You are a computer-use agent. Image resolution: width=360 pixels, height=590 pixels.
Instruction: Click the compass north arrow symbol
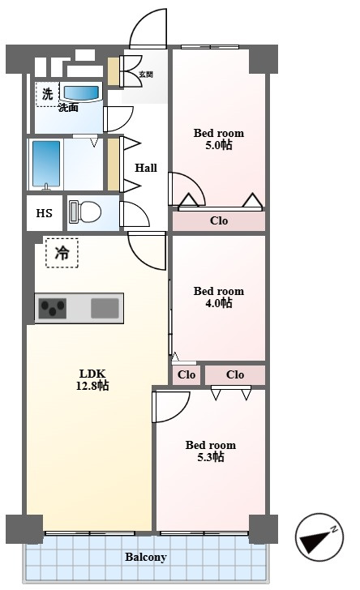pos(319,537)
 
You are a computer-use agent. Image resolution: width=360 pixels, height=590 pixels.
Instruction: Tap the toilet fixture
pos(85,212)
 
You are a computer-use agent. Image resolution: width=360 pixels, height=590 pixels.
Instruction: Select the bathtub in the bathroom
pos(46,164)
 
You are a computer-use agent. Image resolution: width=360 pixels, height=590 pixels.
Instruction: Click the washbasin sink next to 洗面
pos(81,92)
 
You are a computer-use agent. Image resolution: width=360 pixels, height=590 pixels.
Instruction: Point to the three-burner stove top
pos(53,308)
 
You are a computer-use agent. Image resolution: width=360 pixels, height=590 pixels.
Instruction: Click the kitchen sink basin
pos(105,308)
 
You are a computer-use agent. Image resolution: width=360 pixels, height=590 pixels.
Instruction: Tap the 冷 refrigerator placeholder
pos(62,253)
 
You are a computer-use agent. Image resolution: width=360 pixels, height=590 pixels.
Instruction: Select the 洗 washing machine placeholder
pos(48,94)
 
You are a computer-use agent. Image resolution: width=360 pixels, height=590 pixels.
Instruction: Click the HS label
pos(44,213)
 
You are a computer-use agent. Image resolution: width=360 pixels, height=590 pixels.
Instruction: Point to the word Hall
pos(146,168)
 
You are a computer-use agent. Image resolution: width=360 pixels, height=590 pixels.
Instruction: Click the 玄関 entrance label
pos(146,74)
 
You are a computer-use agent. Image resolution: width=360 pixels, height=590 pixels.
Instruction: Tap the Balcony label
pos(146,557)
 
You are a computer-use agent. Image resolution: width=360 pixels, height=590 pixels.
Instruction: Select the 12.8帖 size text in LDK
pos(92,386)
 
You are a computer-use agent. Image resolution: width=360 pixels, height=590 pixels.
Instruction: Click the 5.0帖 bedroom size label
pos(219,145)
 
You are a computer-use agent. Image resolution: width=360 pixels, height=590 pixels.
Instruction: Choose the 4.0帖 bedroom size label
pos(219,303)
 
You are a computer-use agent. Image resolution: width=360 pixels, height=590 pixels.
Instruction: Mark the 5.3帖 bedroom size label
pos(211,457)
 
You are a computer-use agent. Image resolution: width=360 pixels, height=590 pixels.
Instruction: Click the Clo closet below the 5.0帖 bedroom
pos(219,220)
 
